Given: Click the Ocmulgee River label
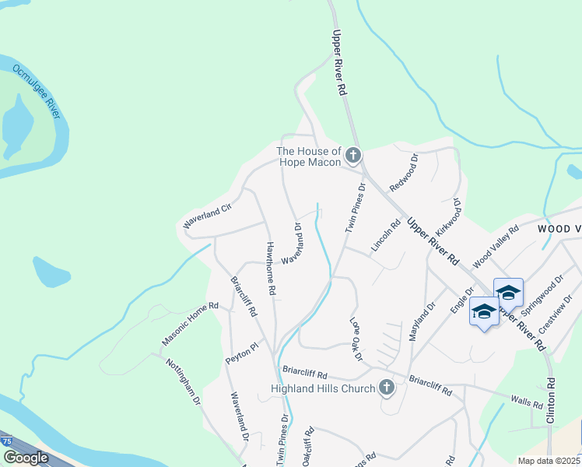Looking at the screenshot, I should point(37,91).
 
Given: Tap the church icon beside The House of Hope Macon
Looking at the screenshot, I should point(353,156).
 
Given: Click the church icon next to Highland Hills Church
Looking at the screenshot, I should point(387,388).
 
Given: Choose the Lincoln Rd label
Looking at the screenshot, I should point(386,234).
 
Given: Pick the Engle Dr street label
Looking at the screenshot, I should point(457,299).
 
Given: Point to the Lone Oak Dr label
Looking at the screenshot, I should point(356,339).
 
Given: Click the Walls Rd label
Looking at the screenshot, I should point(526,402).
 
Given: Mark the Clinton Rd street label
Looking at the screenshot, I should point(551,400).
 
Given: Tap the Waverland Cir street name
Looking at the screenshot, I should point(208,216).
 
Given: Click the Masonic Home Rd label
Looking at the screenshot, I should point(191,325).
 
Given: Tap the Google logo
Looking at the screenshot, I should point(26,458).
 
